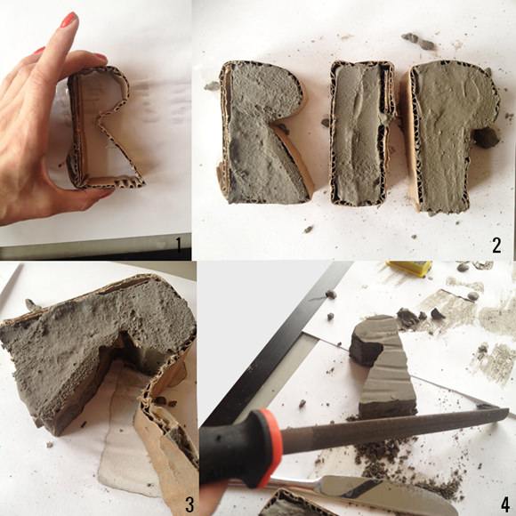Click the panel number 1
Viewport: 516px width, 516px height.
(x=179, y=245)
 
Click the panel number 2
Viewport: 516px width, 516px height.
(x=497, y=246)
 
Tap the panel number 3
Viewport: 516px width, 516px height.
(x=189, y=504)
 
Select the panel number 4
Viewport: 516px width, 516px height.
(x=504, y=504)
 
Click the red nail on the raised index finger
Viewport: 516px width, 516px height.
(x=69, y=19)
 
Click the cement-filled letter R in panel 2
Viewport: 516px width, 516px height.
(x=263, y=132)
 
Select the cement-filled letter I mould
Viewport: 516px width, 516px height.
(x=361, y=133)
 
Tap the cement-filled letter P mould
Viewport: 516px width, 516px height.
(x=449, y=135)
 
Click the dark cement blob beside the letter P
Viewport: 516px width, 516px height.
(x=487, y=137)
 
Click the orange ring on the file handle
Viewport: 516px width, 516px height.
(x=270, y=447)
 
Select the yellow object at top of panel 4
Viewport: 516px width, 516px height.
(x=409, y=268)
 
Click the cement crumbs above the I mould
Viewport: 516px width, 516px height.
(x=419, y=41)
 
